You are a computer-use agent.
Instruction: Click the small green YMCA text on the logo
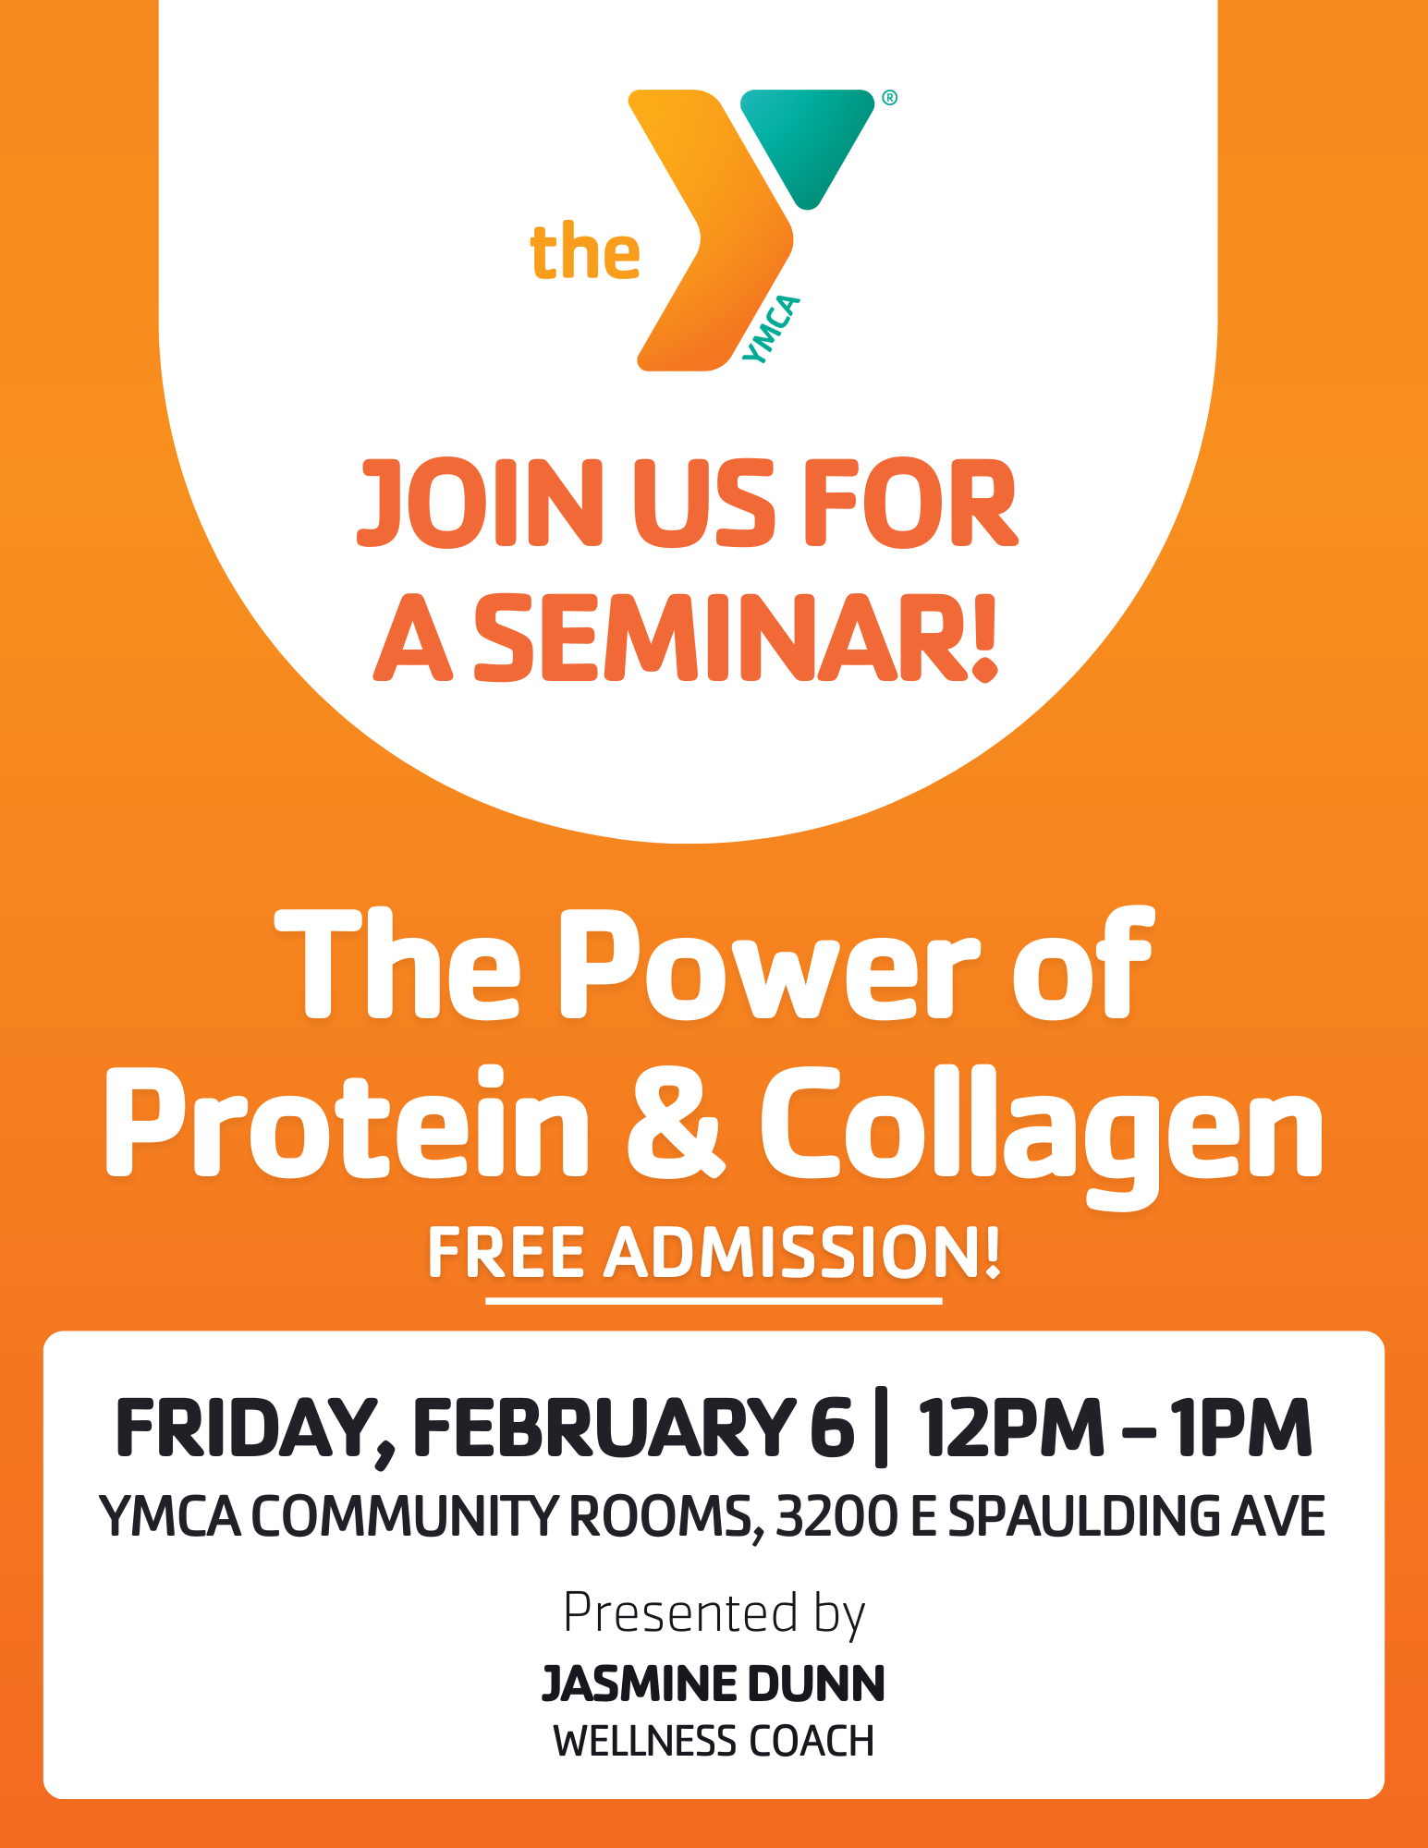[771, 330]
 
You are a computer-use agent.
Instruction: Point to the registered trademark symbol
[889, 98]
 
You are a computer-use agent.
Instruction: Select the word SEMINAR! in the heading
[736, 638]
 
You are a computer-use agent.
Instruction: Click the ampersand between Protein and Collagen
[673, 1123]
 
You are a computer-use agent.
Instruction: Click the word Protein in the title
[347, 1123]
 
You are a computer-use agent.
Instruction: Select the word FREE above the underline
[507, 1254]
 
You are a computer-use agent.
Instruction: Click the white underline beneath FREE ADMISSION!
[714, 1300]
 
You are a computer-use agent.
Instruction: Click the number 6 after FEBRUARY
[832, 1428]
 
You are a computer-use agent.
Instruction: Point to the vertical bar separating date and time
[880, 1428]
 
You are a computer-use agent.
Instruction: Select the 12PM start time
[1010, 1428]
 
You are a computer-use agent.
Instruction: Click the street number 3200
[837, 1517]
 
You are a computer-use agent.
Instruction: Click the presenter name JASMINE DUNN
[714, 1684]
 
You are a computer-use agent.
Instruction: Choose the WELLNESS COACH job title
[714, 1742]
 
